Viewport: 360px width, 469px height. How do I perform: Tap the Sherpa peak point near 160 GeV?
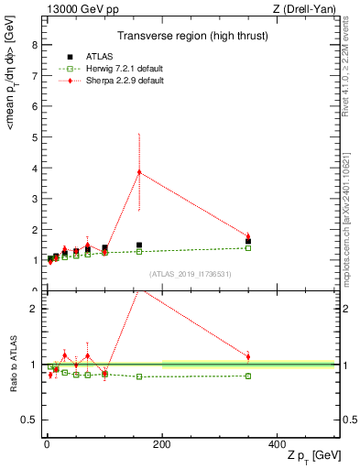click(139, 172)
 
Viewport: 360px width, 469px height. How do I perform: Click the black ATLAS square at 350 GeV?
click(248, 242)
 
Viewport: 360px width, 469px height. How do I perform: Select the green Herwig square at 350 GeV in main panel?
click(248, 248)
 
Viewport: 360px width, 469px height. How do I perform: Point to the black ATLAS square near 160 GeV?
click(139, 245)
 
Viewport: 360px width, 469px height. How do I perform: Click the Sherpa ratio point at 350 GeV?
click(248, 356)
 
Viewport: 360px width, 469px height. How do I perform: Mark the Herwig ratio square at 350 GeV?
click(248, 376)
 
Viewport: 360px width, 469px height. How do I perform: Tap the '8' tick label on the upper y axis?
click(34, 46)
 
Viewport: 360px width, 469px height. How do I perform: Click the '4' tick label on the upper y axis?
click(34, 169)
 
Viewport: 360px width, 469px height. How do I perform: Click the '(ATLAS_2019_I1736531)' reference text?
click(191, 274)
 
